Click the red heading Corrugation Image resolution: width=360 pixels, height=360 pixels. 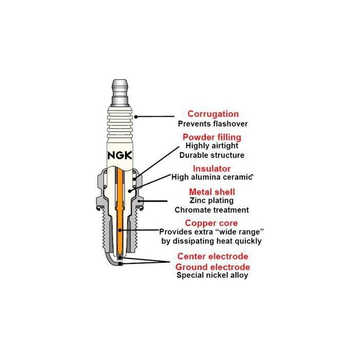213,114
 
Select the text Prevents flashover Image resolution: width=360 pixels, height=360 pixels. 213,124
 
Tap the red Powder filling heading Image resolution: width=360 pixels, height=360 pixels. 211,137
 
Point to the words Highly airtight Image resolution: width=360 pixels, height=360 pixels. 211,146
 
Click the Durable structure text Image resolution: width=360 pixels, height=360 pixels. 211,155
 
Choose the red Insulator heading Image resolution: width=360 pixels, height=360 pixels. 211,169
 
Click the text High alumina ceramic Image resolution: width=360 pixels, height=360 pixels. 211,177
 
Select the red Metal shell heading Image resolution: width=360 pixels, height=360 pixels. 211,191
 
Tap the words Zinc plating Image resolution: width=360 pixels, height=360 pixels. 211,200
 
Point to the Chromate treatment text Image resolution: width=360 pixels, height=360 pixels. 211,210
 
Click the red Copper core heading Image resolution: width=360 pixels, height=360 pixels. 211,223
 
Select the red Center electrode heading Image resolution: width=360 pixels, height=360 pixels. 213,256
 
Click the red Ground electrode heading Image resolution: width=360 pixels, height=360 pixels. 213,267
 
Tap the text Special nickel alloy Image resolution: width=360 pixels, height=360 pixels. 212,276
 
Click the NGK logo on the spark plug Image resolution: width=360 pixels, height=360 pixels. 119,156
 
